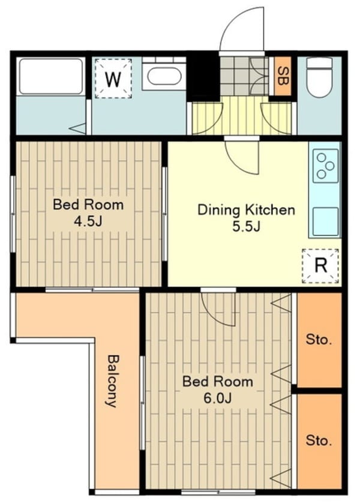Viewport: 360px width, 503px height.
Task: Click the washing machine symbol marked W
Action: tap(113, 79)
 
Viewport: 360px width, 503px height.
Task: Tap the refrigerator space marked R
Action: tap(320, 266)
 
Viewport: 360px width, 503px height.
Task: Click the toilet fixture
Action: tap(319, 77)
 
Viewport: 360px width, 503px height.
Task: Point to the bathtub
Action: tap(50, 76)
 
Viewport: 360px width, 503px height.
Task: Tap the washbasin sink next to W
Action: tap(164, 76)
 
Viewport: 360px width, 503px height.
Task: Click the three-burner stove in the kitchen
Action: tap(325, 166)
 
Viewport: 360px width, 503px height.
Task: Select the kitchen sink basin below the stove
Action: tap(325, 221)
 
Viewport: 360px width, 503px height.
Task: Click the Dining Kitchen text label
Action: tap(246, 210)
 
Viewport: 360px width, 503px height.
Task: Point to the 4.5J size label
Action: tap(88, 221)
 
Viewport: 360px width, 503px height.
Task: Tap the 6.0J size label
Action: tap(217, 398)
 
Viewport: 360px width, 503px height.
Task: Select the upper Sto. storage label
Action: tap(319, 339)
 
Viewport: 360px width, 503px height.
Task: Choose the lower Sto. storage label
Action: tap(319, 441)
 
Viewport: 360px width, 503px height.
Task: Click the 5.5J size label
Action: tap(246, 227)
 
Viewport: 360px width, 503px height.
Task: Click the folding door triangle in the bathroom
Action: tap(78, 128)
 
